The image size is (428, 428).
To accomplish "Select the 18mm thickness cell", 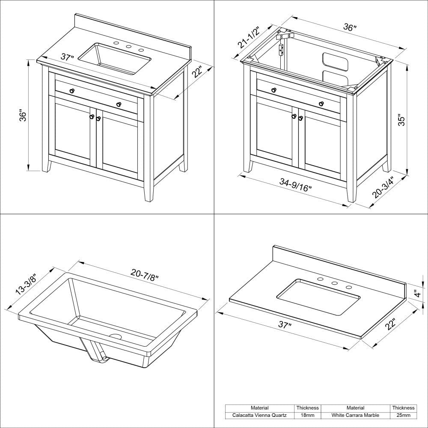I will point(307,415).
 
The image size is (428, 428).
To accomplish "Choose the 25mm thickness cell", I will point(403,415).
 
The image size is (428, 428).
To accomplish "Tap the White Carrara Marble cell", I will point(355,415).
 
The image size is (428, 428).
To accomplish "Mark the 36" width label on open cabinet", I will point(350,28).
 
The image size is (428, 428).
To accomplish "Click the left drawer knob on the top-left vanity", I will point(72,90).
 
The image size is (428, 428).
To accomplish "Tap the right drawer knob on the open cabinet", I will point(321,104).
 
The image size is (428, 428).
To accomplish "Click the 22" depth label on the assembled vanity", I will point(197,72).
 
